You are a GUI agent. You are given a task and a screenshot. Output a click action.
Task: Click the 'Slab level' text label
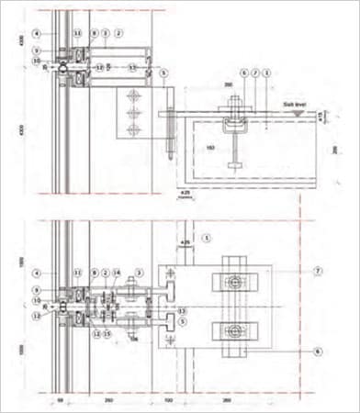pos(294,107)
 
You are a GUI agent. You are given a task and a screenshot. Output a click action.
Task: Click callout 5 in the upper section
pos(163,72)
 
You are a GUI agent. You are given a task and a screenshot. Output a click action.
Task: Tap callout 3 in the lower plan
pos(138,272)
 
